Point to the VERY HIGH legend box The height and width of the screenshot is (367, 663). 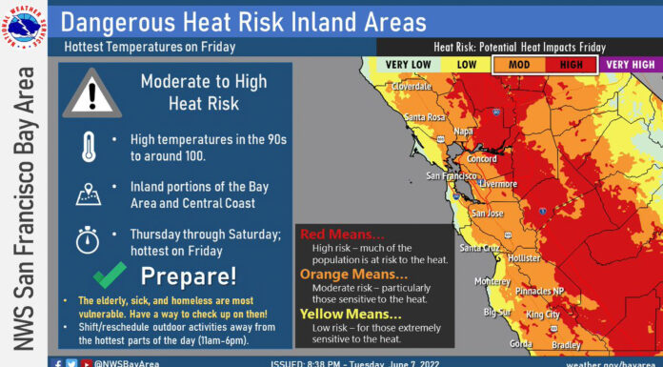coord(629,64)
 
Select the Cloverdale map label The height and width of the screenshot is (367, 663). coord(411,86)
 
